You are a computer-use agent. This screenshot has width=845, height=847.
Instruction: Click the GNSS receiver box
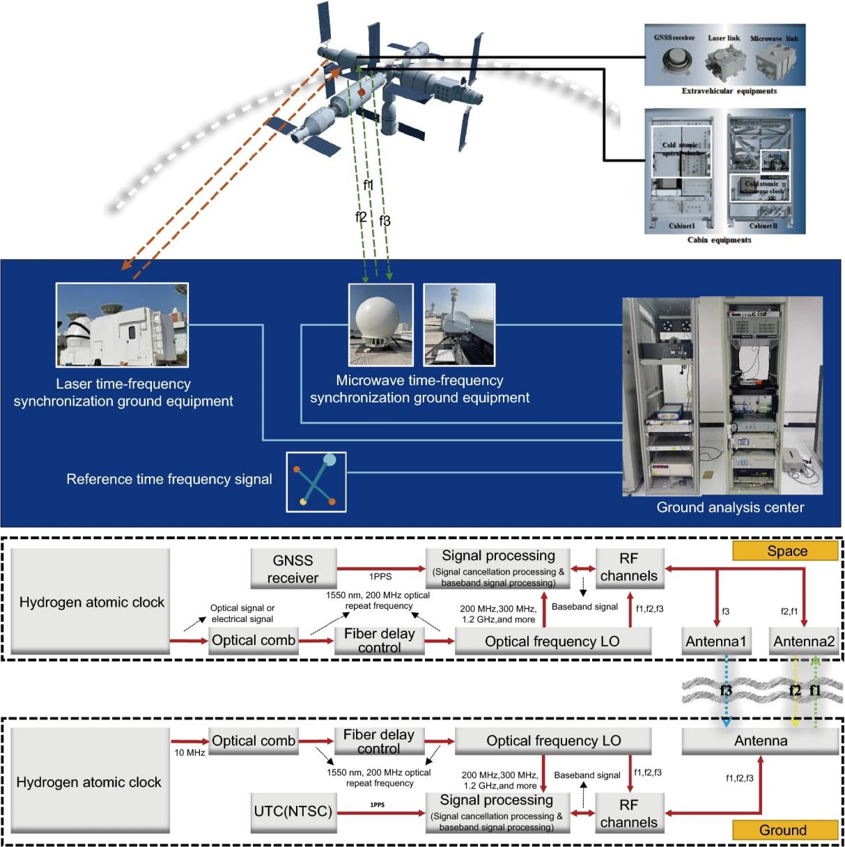click(293, 568)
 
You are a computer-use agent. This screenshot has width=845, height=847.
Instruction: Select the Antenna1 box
click(715, 641)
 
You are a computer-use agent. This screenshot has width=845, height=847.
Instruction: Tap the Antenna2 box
click(803, 641)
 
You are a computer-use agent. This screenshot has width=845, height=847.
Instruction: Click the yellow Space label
click(785, 551)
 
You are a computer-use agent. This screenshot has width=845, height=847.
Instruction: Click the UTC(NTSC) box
click(293, 811)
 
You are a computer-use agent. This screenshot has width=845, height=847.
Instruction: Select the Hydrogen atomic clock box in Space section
click(91, 601)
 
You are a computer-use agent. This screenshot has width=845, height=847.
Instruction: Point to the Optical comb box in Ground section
click(254, 740)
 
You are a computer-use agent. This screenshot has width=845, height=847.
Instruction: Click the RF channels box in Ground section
click(628, 813)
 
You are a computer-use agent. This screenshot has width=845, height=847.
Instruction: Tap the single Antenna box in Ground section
click(760, 740)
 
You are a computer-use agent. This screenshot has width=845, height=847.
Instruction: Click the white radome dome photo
click(380, 325)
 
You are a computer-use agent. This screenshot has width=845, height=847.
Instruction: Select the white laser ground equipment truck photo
click(122, 325)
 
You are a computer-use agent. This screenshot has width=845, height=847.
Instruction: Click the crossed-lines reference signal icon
click(316, 481)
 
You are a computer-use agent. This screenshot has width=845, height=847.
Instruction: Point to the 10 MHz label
click(189, 753)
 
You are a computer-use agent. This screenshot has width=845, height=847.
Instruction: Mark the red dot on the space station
click(362, 91)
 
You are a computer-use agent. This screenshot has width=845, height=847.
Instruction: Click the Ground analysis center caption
click(730, 507)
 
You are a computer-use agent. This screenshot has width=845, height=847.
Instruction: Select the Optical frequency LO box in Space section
click(552, 641)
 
